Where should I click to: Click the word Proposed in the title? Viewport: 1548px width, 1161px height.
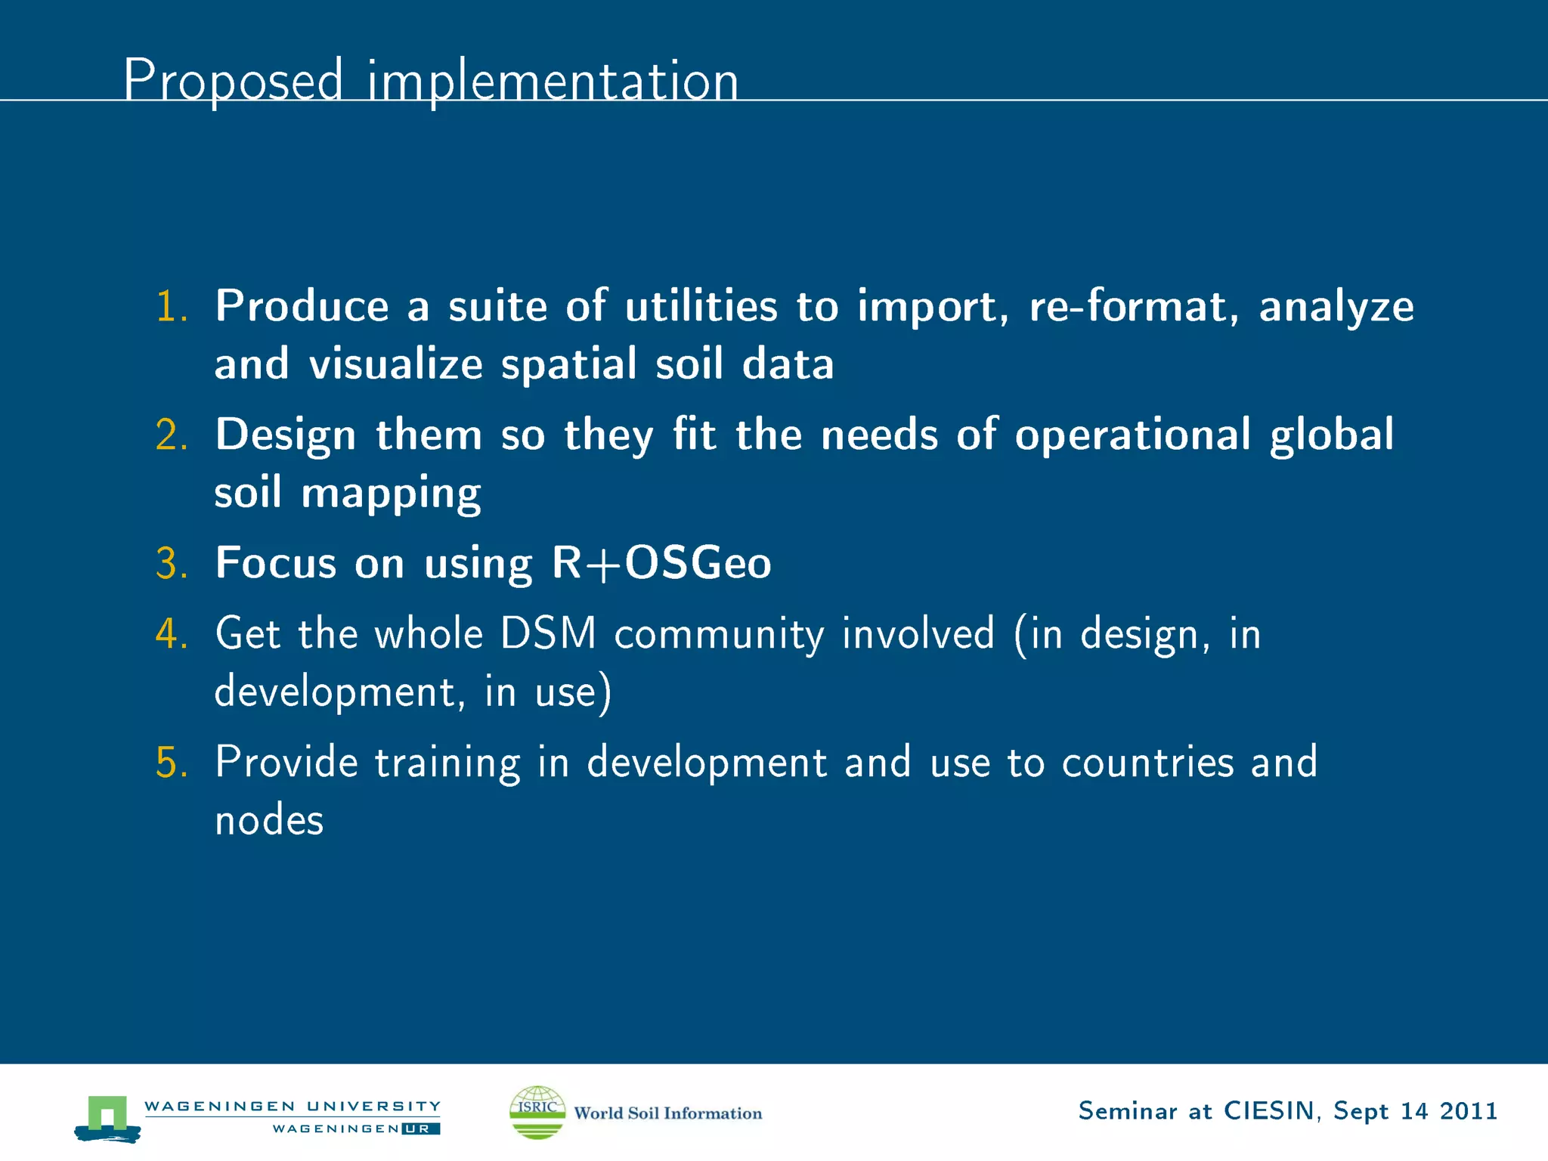pos(233,80)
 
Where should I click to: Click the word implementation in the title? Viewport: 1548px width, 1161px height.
pos(553,82)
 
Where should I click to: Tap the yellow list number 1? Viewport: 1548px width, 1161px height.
pos(171,307)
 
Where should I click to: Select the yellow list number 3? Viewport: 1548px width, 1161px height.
pos(171,564)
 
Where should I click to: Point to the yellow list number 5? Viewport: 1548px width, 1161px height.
pos(171,762)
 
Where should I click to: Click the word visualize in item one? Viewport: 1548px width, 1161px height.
pos(395,364)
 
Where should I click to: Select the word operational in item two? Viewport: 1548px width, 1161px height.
pos(1132,436)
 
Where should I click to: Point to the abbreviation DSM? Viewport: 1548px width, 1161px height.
pos(548,633)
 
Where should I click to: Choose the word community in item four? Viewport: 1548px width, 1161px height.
pos(719,635)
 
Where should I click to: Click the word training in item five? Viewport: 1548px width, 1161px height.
pos(447,763)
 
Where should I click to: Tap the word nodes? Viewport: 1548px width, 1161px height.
pos(269,820)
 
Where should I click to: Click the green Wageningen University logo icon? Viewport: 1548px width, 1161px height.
pos(107,1117)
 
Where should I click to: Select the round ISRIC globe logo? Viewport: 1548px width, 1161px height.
pos(537,1112)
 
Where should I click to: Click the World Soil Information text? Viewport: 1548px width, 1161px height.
pos(668,1113)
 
